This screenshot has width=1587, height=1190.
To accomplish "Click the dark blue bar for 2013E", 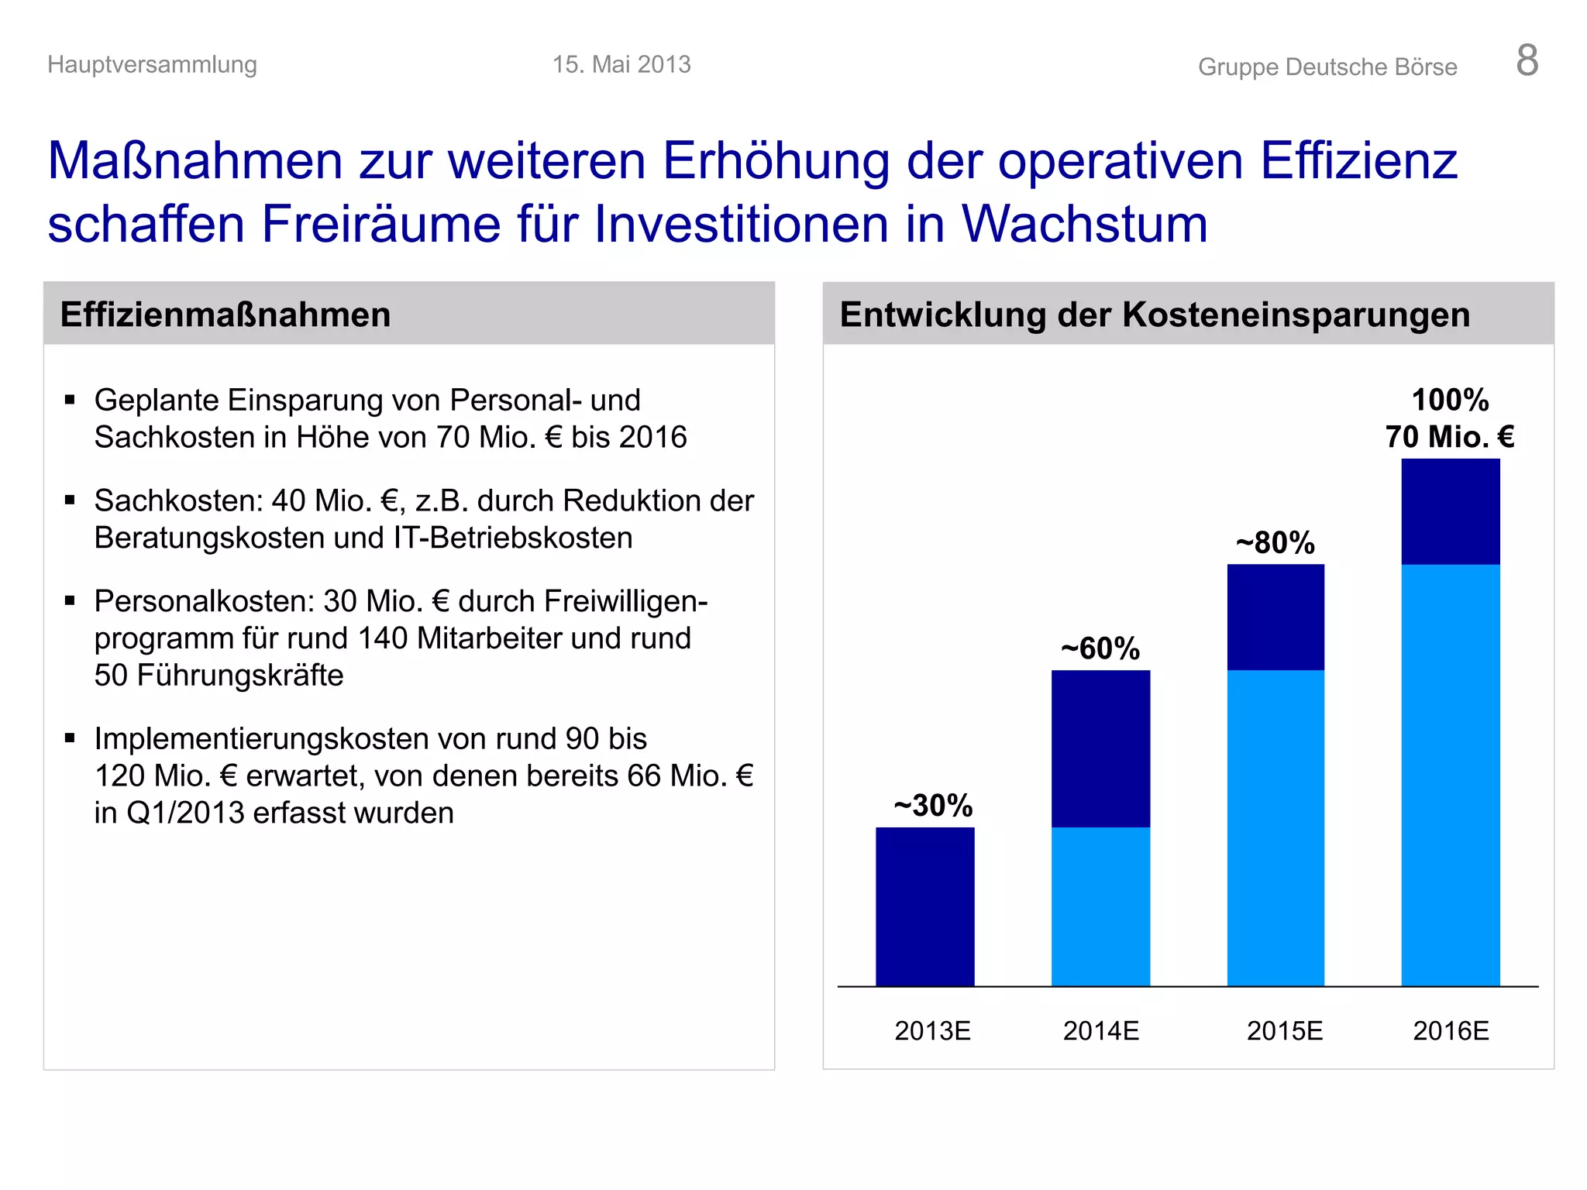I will coord(924,906).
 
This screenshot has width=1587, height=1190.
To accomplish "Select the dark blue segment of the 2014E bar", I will coord(1100,748).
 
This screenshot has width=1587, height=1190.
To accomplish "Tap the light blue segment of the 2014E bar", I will coord(1100,906).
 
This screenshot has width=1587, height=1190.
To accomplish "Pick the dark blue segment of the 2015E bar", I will coord(1275,617).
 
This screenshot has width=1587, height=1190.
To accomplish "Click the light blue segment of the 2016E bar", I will coord(1451,775).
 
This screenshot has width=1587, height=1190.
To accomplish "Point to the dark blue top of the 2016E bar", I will coord(1451,511).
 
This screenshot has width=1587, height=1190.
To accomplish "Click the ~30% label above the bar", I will coord(933,805).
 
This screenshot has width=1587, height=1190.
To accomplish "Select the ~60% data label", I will coord(1100,648).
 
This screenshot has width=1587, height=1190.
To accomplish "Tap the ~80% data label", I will coord(1275,542).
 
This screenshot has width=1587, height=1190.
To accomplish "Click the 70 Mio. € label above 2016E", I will coord(1450,437).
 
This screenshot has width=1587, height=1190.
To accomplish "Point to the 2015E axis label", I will coord(1284,1030).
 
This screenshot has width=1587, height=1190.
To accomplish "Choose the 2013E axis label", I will coord(932,1030).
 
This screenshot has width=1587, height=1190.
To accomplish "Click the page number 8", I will coord(1527,60).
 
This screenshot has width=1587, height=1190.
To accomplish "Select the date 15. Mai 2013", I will coord(621,64).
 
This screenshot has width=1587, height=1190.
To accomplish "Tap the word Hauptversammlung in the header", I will coord(152,64).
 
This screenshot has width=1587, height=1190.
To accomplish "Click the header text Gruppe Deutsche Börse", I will coord(1327,67).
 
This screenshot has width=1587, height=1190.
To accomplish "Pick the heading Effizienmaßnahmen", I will coord(225,315).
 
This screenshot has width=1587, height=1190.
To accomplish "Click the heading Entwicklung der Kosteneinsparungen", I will coord(1155,315).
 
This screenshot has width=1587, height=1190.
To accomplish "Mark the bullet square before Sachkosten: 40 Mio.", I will coord(70,500).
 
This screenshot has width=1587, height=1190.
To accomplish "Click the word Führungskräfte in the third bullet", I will coord(239,675).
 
